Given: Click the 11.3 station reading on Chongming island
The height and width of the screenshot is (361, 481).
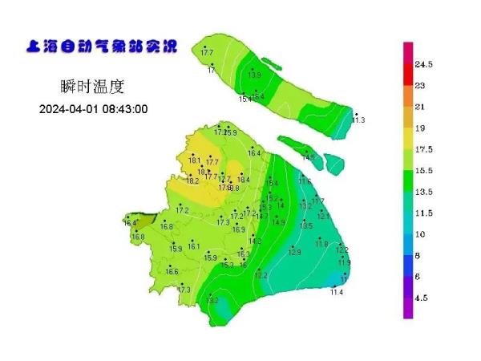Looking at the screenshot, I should (358, 120).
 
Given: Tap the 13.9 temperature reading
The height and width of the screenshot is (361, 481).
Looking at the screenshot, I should (254, 75).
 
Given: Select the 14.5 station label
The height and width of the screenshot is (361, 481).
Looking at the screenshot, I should (309, 158).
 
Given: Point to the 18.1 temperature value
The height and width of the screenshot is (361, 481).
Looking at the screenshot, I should (194, 160).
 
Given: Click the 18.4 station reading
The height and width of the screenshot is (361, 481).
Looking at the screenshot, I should (244, 180).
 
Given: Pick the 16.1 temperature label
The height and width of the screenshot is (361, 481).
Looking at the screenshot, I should (194, 246).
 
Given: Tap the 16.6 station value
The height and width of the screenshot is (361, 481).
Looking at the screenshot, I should (172, 272).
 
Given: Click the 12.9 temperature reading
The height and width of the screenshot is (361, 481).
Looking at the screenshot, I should (295, 253).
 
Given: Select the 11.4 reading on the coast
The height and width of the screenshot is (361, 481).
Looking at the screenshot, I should (337, 292).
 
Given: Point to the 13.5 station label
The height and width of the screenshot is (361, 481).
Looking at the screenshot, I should (306, 226).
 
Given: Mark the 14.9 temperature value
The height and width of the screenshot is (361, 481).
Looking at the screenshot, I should (278, 222).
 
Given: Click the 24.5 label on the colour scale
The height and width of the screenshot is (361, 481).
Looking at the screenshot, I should (424, 64).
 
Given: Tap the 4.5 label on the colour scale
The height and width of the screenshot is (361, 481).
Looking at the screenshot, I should (421, 298).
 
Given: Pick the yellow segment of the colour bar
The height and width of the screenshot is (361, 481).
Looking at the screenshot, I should (408, 140).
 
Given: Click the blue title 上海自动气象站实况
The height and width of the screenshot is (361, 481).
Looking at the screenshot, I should (103, 46).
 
